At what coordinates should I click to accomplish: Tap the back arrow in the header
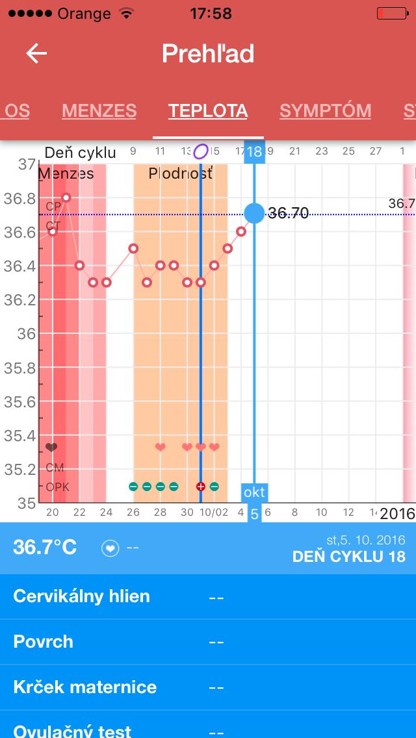36,53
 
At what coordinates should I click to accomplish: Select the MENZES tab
99,111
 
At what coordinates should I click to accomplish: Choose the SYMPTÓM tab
325,111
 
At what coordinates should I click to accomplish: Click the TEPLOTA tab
208,111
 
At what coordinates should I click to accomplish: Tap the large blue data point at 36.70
254,212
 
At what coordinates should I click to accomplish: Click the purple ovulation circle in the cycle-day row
201,152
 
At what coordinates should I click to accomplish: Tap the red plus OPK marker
201,487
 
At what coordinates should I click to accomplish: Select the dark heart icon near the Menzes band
52,448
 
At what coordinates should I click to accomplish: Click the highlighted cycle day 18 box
254,152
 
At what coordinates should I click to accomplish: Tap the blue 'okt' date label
254,492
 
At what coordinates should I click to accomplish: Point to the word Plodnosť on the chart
180,173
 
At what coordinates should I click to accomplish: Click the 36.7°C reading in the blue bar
45,547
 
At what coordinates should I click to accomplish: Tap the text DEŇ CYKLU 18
348,557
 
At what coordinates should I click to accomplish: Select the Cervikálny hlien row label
81,596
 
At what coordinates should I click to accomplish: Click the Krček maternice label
84,687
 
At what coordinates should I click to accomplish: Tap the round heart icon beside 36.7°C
110,548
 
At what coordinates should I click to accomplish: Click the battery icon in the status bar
391,13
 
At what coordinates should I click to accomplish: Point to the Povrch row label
43,642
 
